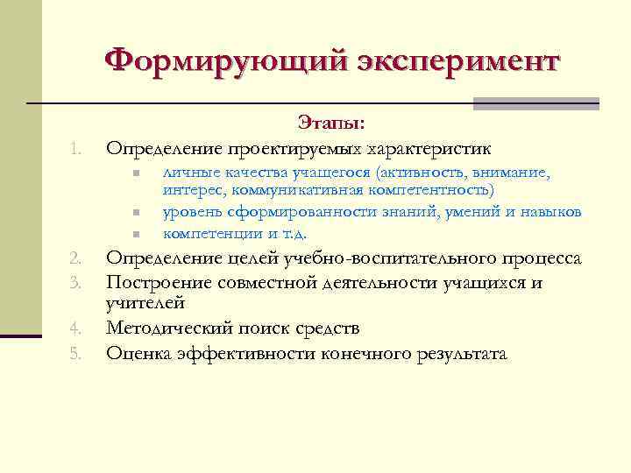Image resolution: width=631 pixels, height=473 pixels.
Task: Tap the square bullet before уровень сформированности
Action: (138, 212)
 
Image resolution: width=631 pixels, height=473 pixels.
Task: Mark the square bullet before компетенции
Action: (138, 233)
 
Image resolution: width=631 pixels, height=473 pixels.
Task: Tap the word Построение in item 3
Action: (157, 282)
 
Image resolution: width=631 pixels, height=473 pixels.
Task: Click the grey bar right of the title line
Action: (535, 103)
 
